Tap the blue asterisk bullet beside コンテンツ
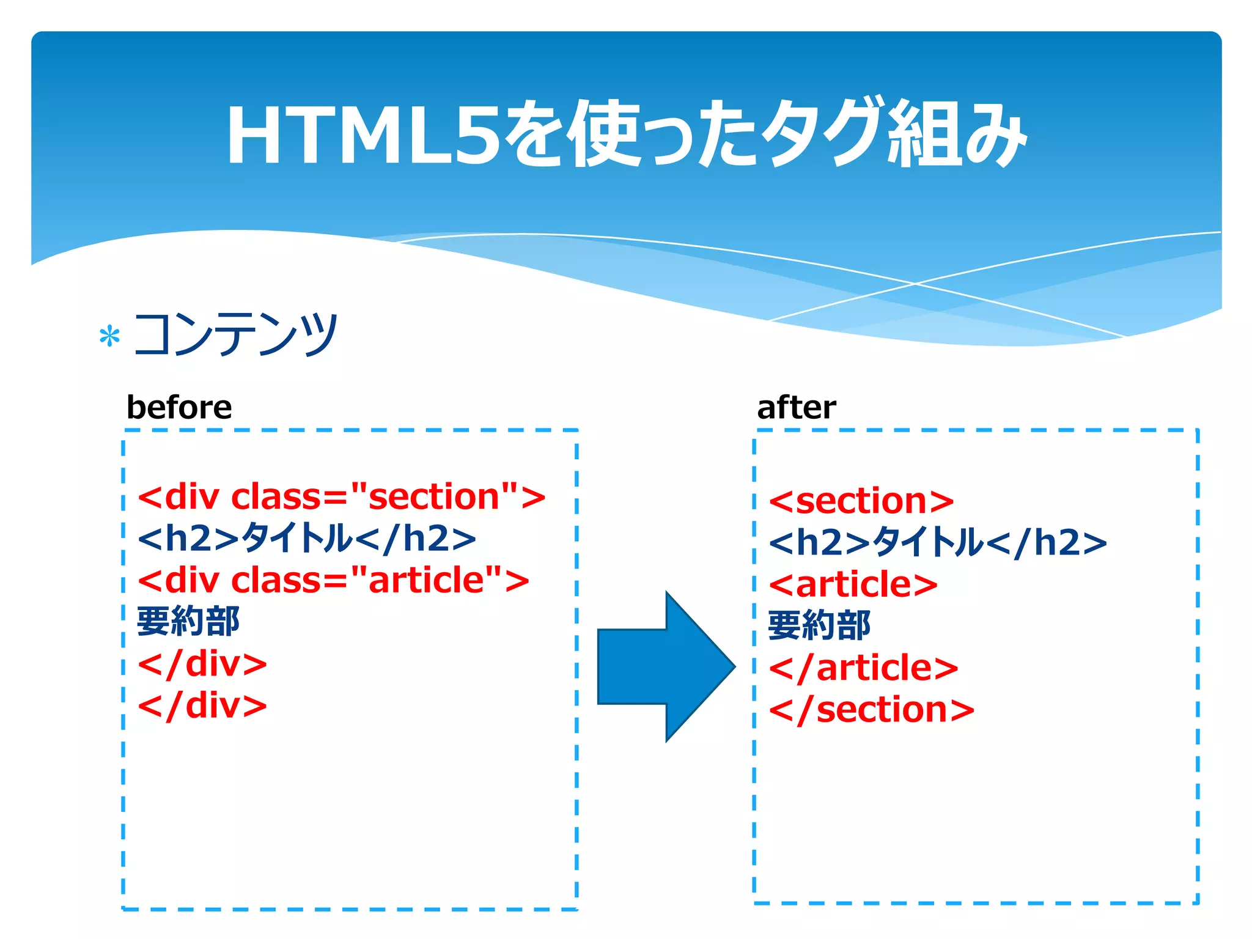point(109,336)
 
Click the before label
point(179,407)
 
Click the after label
point(796,407)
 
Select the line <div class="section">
point(341,496)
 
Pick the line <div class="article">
point(333,580)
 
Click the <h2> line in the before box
point(306,539)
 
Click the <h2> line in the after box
point(937,542)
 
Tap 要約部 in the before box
point(188,622)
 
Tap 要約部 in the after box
point(819,625)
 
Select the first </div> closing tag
point(202,664)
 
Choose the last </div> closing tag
point(202,705)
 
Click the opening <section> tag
point(861,501)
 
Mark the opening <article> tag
point(853,584)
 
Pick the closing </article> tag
point(863,668)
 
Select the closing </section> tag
point(871,710)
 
